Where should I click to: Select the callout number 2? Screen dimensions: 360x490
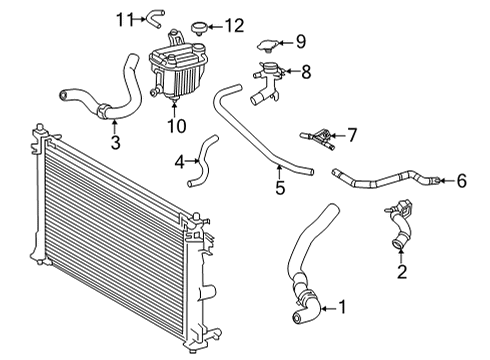(402, 271)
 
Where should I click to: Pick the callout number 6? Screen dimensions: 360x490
(461, 181)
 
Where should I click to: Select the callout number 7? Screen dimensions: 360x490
(352, 133)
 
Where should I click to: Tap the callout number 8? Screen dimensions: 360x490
(307, 71)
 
